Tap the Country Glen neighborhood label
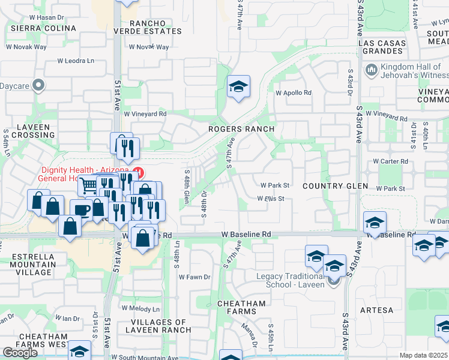pyautogui.click(x=336, y=186)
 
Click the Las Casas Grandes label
pyautogui.click(x=381, y=48)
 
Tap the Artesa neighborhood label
pyautogui.click(x=377, y=310)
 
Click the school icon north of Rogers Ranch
pyautogui.click(x=238, y=86)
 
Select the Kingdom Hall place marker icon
pyautogui.click(x=370, y=71)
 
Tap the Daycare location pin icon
pyautogui.click(x=40, y=85)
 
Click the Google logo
pyautogui.click(x=19, y=352)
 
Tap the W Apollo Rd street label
pyautogui.click(x=294, y=93)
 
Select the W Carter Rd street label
pyautogui.click(x=390, y=161)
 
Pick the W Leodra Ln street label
pyautogui.click(x=76, y=61)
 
